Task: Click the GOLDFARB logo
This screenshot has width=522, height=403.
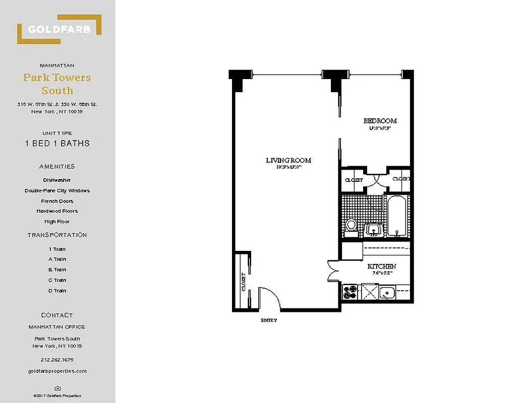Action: coord(59,29)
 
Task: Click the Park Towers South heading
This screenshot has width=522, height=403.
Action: coord(57,84)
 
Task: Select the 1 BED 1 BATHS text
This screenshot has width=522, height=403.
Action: coord(57,143)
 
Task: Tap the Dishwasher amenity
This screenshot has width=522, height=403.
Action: coord(57,180)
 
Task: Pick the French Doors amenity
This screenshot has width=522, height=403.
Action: coord(57,201)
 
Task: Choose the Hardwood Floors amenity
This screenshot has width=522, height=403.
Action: coord(57,211)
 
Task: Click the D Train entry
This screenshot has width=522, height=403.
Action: coord(57,291)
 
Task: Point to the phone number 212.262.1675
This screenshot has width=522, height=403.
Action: coord(57,360)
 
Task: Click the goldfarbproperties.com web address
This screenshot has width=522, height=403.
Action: coord(57,371)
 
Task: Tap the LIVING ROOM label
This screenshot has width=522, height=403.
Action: coord(288,161)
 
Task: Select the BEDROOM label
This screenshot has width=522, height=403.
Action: coord(380,121)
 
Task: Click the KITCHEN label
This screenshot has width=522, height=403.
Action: coord(381,266)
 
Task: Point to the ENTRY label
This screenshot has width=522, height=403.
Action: coord(268,320)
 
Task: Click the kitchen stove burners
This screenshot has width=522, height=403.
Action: coord(350,292)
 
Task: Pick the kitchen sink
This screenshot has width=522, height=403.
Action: coord(387,292)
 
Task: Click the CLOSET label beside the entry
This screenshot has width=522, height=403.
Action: coord(244,282)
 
